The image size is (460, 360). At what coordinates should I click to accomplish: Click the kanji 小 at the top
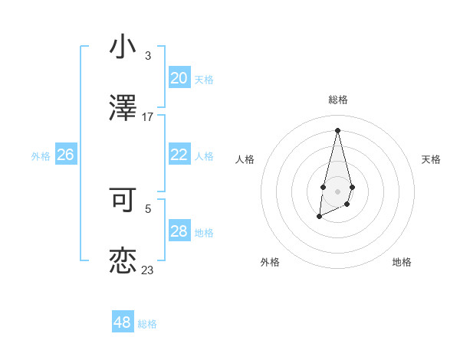click(x=123, y=47)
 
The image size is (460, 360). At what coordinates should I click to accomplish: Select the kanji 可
click(x=123, y=200)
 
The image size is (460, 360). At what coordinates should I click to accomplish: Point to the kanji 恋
click(x=123, y=260)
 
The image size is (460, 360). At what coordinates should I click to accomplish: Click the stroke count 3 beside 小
click(x=148, y=56)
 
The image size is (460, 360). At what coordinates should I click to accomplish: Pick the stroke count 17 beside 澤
click(x=148, y=117)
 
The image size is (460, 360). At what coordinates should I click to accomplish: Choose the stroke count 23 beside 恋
click(x=148, y=270)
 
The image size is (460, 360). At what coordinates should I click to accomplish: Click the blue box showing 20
click(x=179, y=78)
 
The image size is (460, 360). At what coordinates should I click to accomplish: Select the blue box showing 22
click(x=179, y=155)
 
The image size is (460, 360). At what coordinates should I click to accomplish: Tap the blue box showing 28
click(x=179, y=231)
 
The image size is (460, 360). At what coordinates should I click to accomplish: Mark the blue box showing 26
click(x=65, y=155)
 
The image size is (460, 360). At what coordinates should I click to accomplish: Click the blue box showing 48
click(x=123, y=322)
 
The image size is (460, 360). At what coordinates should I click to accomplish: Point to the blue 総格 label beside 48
click(x=147, y=324)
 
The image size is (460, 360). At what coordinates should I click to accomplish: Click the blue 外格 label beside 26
click(x=41, y=156)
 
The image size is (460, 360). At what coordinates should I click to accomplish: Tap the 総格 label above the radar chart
click(x=337, y=100)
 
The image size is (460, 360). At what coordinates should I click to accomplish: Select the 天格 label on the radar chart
click(x=431, y=159)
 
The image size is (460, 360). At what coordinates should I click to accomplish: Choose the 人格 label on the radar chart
click(x=245, y=159)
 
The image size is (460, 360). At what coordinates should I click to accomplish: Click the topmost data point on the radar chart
click(x=337, y=129)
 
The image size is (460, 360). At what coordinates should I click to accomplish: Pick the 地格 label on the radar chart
click(x=402, y=262)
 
